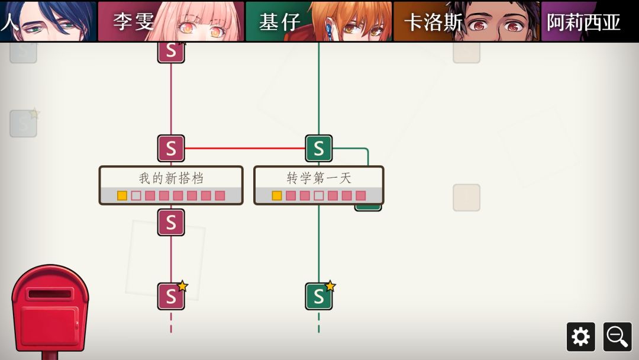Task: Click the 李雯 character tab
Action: coord(171,21)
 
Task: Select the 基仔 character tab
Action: coord(319,21)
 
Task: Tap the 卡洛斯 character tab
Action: coord(466,21)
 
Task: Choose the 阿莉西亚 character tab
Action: coord(589,21)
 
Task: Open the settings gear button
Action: coord(581,337)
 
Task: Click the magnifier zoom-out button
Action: coord(617,337)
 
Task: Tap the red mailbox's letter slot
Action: coord(50,294)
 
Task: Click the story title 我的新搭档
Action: coord(171,178)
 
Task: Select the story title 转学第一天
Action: coord(319,178)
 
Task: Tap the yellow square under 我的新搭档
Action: coord(122,196)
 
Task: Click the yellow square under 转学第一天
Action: coord(277,196)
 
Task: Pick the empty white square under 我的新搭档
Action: coord(136,196)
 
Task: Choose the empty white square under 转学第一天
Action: coord(319,196)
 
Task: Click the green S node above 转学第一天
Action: coord(319,149)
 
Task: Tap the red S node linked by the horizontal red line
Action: coord(171,149)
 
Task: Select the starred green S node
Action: coord(319,297)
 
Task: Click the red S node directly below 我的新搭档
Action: coord(171,223)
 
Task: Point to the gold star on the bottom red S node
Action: coord(182,286)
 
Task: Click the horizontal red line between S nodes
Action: coord(245,149)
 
